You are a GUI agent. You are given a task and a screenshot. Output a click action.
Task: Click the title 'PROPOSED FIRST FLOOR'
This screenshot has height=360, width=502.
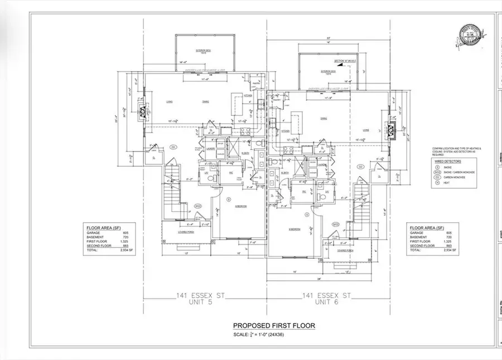[273, 326]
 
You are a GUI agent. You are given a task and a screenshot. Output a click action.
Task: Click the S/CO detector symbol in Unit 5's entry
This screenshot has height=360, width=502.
[197, 207]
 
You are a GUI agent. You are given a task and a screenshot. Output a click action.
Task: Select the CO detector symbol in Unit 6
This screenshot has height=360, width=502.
[360, 167]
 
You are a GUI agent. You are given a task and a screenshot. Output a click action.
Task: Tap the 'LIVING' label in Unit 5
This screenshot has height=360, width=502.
[169, 101]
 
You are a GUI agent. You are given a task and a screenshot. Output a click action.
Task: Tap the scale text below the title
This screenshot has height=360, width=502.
[273, 334]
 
